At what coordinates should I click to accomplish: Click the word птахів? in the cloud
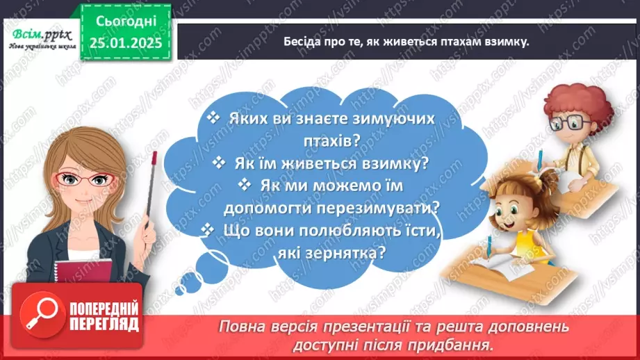pyautogui.click(x=325, y=140)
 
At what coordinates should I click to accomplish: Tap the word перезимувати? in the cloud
pyautogui.click(x=388, y=208)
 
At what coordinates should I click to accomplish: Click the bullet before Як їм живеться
pyautogui.click(x=220, y=163)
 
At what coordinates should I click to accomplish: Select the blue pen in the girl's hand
pyautogui.click(x=489, y=246)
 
